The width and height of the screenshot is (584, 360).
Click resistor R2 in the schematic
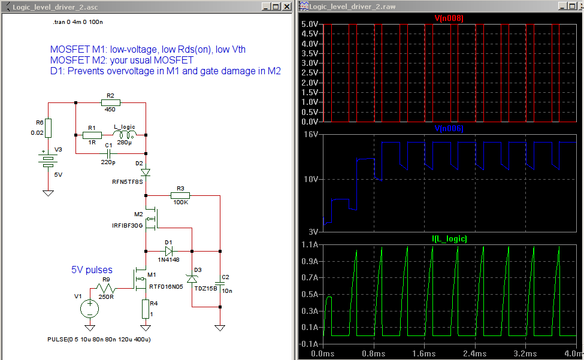click(111, 103)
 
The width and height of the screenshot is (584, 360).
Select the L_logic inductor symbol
click(125, 134)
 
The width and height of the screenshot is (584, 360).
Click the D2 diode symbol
click(146, 173)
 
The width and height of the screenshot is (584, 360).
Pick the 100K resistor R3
click(180, 195)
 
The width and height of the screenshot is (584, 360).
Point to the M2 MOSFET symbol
click(152, 219)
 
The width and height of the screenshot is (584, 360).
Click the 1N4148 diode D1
click(169, 252)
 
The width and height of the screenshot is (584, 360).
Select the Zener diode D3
click(192, 279)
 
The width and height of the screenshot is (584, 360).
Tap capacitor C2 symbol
click(220, 284)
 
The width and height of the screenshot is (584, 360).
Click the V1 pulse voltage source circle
click(90, 309)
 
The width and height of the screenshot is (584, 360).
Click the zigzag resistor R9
click(106, 288)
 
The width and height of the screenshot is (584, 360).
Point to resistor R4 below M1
click(146, 308)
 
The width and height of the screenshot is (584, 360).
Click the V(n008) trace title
click(449, 18)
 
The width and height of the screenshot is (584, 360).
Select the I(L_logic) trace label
click(449, 238)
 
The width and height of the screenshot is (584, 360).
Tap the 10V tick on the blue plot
click(311, 179)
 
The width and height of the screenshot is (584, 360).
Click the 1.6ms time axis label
click(424, 353)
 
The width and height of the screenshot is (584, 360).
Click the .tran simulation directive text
click(78, 22)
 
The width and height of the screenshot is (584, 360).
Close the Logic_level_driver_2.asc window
click(287, 7)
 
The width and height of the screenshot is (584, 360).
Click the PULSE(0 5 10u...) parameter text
click(99, 340)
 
